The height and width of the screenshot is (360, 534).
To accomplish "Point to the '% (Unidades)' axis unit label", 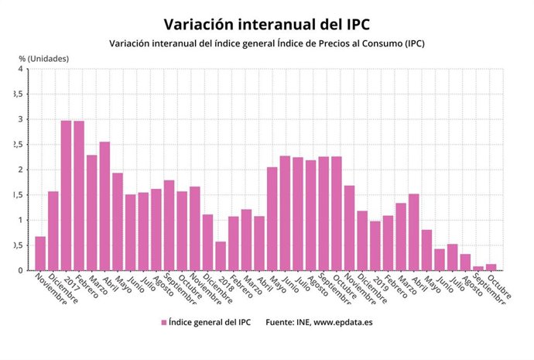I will click(44, 58).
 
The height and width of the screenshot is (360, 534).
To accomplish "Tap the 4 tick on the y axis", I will click(20, 69).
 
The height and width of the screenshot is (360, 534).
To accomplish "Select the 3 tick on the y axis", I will click(20, 119).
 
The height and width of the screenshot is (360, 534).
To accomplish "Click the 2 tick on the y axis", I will click(20, 170).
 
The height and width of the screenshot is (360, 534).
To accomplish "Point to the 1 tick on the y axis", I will click(20, 220).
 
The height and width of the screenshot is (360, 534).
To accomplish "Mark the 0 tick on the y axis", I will click(20, 270).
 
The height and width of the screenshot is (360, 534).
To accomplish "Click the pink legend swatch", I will click(163, 321).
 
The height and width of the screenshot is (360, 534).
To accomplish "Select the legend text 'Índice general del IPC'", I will click(207, 321).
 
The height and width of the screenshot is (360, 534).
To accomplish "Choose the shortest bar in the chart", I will click(478, 268).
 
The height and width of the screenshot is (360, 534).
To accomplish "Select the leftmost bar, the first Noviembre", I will click(40, 253).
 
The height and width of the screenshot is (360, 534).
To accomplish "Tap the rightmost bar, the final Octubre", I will click(491, 267).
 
